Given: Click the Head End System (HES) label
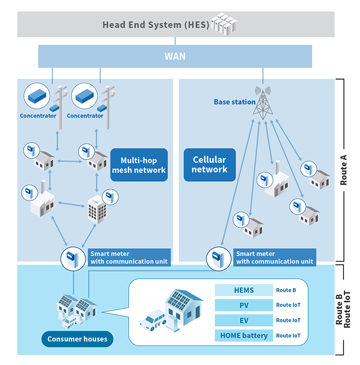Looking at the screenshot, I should (156, 24).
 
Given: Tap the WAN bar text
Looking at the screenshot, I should (175, 57).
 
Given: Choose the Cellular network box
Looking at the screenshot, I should (209, 165).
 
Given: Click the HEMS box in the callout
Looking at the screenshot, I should (243, 290).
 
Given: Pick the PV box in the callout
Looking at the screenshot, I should (243, 305).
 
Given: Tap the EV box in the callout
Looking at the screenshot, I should (243, 320).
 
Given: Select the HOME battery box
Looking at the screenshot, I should (243, 335).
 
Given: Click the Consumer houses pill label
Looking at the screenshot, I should (77, 339).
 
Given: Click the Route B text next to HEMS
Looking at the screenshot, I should (286, 290).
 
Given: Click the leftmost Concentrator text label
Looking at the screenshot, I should (38, 116).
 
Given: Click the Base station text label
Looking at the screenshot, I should (234, 102).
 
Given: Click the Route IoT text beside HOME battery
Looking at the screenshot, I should (288, 335).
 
